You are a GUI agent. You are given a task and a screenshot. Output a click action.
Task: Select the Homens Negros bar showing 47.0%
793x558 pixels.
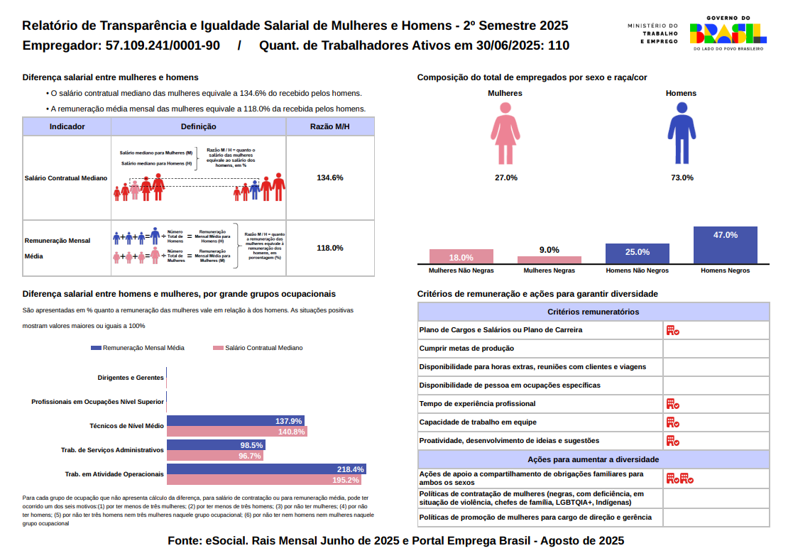725,246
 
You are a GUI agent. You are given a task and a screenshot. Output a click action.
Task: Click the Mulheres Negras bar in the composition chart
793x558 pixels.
549,260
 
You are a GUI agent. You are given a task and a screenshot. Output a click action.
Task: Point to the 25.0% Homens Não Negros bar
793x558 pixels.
637,254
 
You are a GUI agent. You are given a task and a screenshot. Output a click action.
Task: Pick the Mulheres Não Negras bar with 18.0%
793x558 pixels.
461,257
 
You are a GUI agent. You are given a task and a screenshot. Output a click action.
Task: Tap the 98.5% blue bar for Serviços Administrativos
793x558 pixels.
215,445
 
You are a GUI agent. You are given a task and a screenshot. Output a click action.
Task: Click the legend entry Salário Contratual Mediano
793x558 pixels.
259,348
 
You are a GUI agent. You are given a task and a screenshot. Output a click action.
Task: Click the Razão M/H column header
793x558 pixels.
330,126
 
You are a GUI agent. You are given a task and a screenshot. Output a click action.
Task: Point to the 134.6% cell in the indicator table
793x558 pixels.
330,177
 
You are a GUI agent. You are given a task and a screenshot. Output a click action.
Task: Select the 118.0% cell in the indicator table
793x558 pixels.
330,248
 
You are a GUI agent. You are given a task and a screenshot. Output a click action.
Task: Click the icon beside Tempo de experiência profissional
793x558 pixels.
672,404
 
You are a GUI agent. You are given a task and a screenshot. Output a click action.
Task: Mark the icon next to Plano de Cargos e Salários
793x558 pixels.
672,330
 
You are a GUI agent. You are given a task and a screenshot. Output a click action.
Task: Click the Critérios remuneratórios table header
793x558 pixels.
593,312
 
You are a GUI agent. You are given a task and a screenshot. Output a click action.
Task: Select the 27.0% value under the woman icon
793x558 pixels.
505,177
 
